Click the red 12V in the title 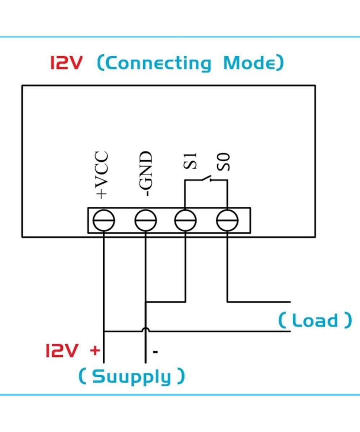pos(67,63)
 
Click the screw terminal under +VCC pos(104,220)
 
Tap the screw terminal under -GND pos(146,220)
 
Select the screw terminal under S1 pos(185,220)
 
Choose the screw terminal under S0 pos(227,220)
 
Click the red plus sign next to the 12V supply pos(95,350)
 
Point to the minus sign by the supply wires pos(156,351)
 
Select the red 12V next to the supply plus pos(62,350)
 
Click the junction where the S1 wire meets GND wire pos(146,301)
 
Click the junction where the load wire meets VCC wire pos(104,332)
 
